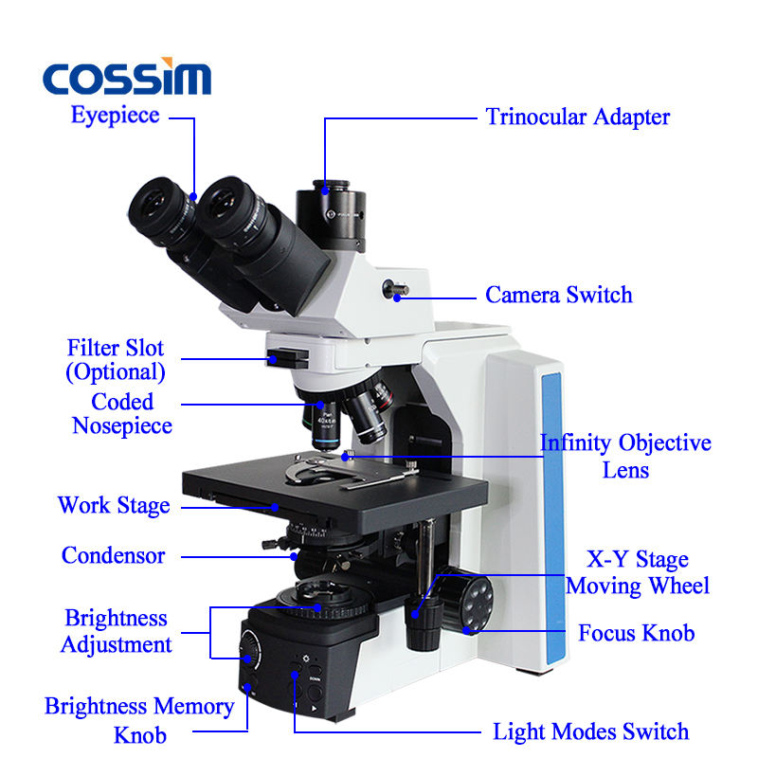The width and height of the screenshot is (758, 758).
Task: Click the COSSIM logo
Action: click(127, 77)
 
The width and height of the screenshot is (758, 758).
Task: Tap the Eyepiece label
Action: click(115, 116)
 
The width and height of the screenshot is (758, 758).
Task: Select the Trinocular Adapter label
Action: click(578, 117)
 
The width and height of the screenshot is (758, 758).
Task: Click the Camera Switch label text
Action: click(559, 295)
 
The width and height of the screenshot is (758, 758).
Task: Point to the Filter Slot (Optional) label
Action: click(116, 360)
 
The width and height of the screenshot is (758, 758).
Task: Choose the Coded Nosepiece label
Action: click(122, 414)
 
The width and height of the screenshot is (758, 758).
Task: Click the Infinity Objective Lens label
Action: click(625, 456)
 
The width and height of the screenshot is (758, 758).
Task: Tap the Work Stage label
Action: click(114, 506)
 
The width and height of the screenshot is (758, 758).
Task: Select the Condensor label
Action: click(113, 555)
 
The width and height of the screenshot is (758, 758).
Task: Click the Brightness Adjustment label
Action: click(116, 631)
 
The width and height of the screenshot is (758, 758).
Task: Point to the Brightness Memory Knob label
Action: click(139, 720)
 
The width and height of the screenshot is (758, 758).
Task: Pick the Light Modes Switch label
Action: click(590, 731)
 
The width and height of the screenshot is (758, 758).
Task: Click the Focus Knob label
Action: click(637, 633)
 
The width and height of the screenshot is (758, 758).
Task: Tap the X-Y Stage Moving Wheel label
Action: click(638, 573)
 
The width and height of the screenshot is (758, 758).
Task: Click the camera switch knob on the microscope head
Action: click(395, 289)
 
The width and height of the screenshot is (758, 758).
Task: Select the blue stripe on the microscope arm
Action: click(553, 517)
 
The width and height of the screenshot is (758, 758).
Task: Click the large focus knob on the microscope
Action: click(466, 600)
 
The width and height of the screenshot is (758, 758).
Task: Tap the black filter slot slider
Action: click(287, 358)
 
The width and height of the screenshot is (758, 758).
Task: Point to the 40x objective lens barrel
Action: click(326, 425)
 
